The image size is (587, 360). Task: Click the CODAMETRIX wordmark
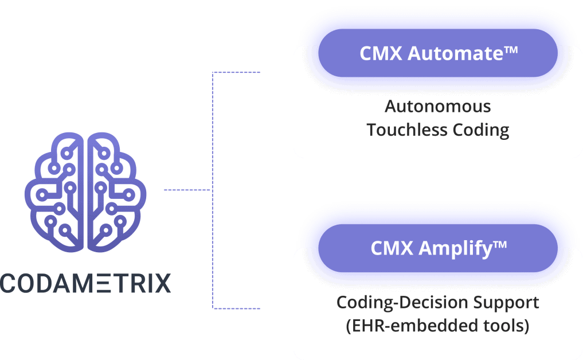[85, 283]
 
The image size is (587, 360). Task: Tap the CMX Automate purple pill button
[438, 53]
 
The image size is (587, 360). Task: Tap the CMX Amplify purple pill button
[438, 248]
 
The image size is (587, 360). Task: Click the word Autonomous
[438, 107]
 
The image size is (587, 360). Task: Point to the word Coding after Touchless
[482, 130]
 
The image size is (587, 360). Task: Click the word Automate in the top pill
[453, 53]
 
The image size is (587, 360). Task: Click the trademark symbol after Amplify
[500, 245]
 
